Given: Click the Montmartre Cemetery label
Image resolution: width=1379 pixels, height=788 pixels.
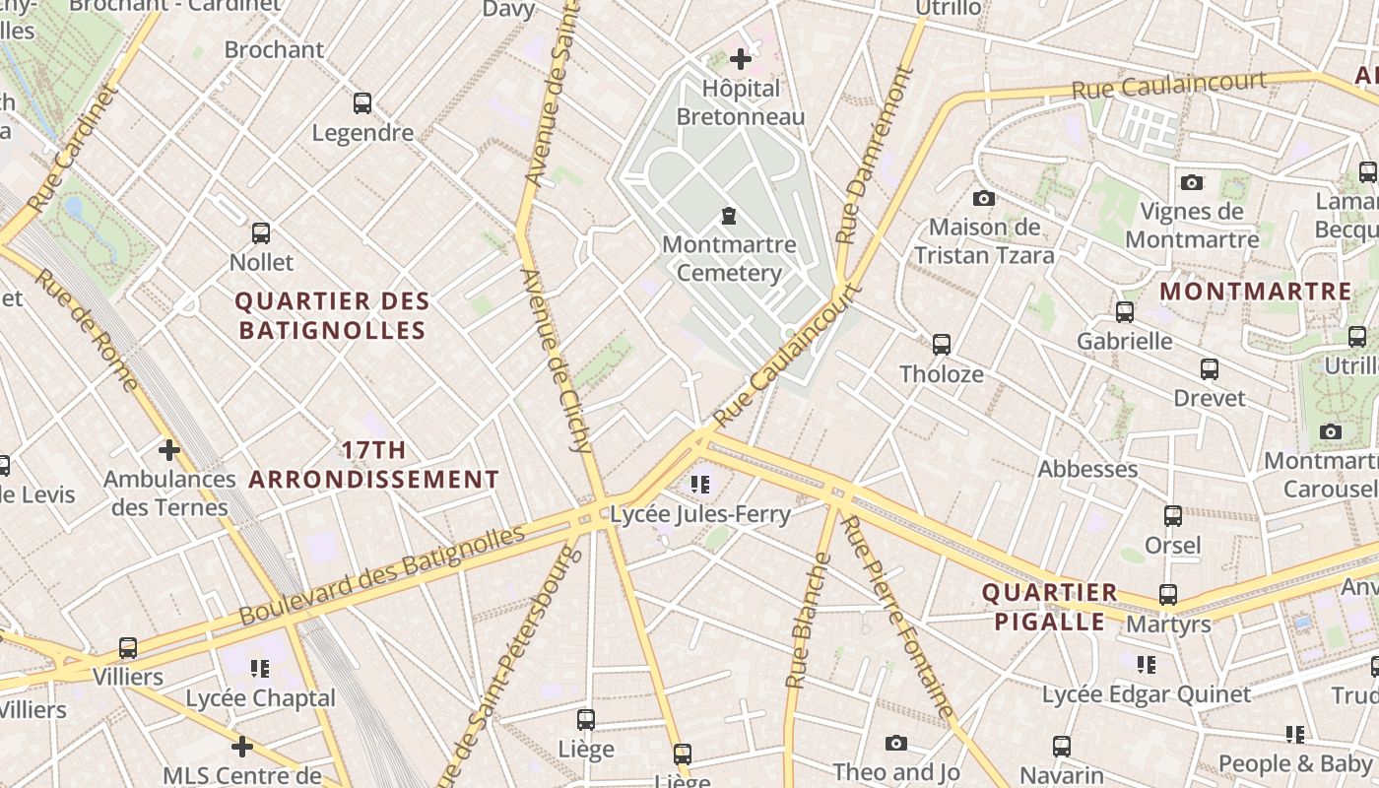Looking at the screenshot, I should click(x=729, y=258).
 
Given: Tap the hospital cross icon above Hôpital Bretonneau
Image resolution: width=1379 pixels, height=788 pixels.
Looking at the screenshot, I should click(x=741, y=59).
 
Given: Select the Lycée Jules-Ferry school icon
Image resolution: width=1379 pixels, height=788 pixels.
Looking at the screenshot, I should click(x=700, y=484).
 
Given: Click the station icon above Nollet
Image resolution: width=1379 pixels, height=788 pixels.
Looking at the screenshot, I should click(x=261, y=233).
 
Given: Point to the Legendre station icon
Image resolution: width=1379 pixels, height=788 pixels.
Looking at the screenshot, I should click(x=362, y=102).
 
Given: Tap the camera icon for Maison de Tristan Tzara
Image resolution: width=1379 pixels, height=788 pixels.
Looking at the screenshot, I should click(x=983, y=198).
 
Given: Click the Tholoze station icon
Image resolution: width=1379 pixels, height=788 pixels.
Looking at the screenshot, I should click(x=942, y=344).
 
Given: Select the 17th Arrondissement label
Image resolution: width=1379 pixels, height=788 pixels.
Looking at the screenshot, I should click(x=373, y=465).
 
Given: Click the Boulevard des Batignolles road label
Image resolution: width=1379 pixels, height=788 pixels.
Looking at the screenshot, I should click(x=382, y=576).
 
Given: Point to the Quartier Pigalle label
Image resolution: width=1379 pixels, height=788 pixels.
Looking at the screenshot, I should click(x=1050, y=607).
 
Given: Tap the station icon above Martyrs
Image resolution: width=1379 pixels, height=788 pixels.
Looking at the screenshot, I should click(x=1168, y=595).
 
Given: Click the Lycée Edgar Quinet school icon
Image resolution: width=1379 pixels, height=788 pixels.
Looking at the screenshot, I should click(x=1146, y=665).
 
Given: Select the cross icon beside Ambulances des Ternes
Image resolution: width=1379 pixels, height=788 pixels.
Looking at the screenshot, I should click(x=169, y=450).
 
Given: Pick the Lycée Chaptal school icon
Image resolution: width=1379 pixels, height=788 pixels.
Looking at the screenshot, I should click(x=260, y=669).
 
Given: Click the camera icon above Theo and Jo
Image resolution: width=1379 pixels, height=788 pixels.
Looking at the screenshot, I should click(x=895, y=743).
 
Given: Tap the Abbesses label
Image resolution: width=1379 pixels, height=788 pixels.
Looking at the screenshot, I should click(x=1087, y=469).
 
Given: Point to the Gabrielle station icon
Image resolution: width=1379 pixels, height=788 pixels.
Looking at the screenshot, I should click(x=1125, y=312).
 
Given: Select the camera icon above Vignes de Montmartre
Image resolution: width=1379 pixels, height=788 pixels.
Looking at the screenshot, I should click(x=1192, y=182).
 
